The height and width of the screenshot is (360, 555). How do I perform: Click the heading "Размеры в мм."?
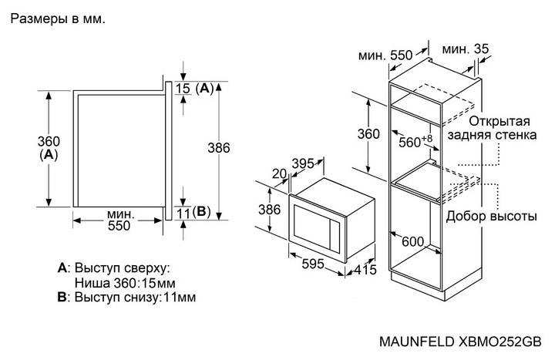(57, 18)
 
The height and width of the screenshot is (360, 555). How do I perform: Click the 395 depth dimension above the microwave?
(306, 164)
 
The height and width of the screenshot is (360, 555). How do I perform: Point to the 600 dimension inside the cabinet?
(412, 241)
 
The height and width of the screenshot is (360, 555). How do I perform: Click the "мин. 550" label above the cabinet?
(385, 56)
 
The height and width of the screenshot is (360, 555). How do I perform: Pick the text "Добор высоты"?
(486, 216)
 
